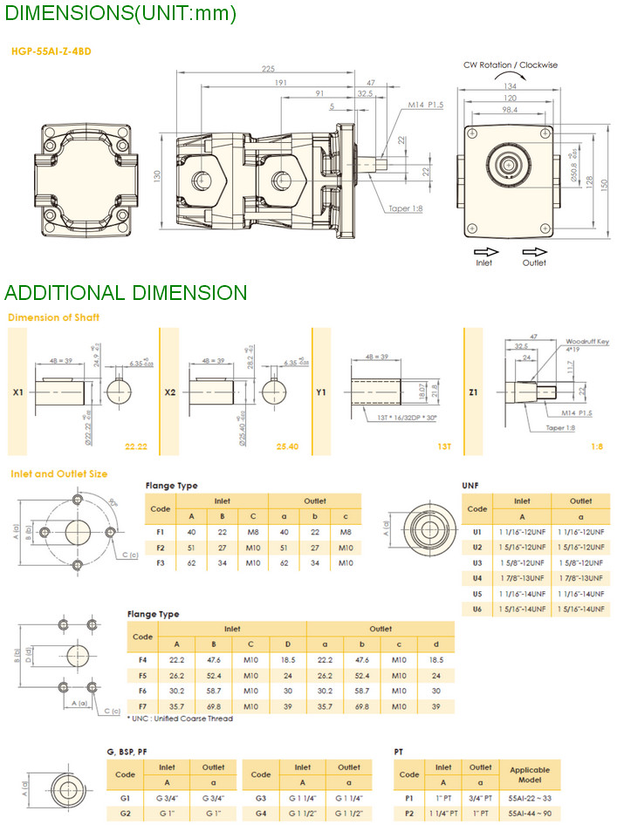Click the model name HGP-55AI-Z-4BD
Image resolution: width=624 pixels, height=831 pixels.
click(51, 51)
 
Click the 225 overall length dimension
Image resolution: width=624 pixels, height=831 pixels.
click(268, 69)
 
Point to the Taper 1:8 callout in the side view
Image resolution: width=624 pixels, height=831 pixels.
click(408, 208)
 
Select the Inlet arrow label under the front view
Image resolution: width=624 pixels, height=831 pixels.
click(483, 262)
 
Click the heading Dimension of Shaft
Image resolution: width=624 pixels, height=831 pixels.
click(53, 317)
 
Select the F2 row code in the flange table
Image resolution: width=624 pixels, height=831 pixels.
click(160, 547)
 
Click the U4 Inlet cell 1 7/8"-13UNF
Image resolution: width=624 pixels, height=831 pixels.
click(521, 577)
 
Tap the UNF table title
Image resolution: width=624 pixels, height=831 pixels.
click(470, 485)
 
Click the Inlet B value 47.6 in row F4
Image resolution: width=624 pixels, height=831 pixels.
click(214, 660)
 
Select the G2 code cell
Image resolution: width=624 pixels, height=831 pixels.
click(125, 813)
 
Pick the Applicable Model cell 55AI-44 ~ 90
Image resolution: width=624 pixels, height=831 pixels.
click(530, 813)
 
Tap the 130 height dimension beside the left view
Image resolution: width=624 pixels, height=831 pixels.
click(158, 177)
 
